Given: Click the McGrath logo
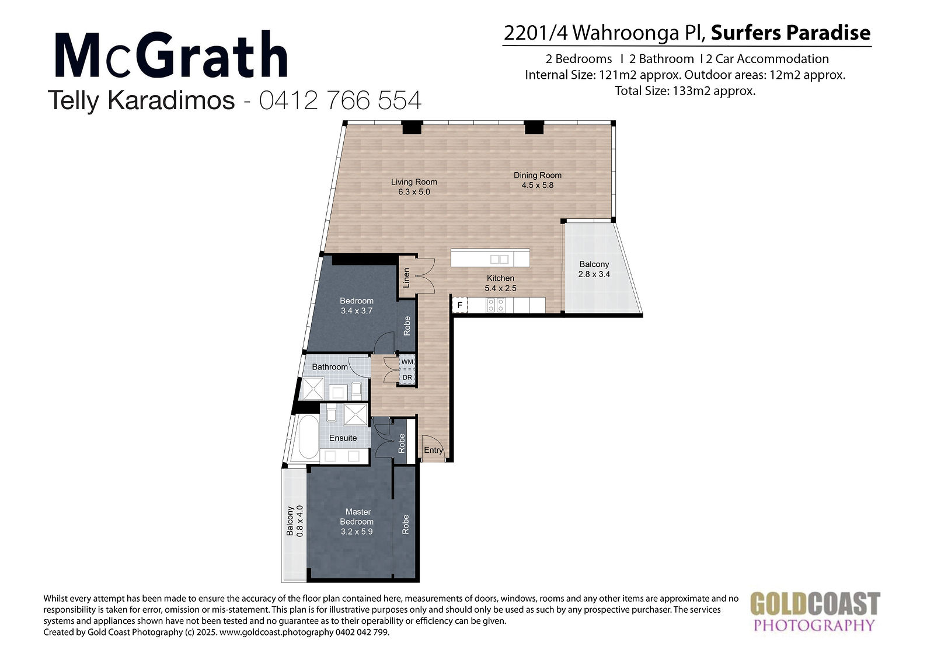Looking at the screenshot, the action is [171, 54].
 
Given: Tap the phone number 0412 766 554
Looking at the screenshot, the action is [340, 100].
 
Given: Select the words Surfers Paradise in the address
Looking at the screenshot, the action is [790, 33].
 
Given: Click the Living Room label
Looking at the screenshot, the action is [414, 182].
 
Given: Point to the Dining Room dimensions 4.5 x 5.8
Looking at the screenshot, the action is [538, 185].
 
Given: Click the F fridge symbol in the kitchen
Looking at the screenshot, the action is [459, 305].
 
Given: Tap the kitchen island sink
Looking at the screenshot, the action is [500, 259].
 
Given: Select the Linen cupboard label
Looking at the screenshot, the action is [406, 278].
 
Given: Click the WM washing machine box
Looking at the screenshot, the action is [407, 362].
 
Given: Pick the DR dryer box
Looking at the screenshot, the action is [407, 378].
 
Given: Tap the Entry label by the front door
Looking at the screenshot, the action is [433, 450].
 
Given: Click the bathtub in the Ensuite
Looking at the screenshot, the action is [309, 436].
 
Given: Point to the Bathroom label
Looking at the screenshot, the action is [329, 367].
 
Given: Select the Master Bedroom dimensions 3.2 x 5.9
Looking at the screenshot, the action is [357, 532].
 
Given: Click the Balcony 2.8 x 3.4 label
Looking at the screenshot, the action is [594, 269].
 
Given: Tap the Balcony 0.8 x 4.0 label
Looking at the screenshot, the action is [295, 521].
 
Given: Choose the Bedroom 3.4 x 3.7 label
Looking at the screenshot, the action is [357, 306].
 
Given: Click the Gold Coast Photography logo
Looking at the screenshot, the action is [815, 612].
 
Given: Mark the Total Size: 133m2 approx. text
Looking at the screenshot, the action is [685, 91].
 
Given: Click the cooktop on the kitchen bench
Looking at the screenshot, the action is [496, 305].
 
